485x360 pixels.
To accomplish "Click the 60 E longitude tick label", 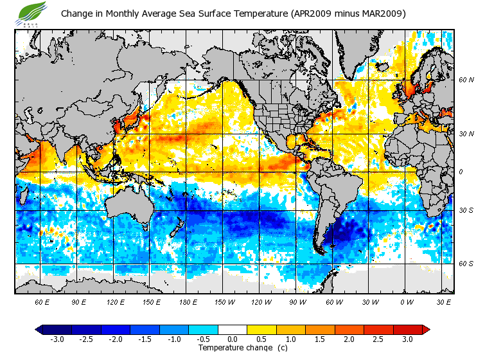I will tap(42, 301).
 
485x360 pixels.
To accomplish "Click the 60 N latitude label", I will tap(466, 80).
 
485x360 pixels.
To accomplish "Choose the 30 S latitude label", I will tap(466, 210).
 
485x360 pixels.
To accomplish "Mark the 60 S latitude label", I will tap(466, 263).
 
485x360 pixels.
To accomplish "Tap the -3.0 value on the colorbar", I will tap(57, 339).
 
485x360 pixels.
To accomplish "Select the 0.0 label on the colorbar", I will tap(233, 339).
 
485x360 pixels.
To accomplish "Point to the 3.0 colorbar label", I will tap(407, 339).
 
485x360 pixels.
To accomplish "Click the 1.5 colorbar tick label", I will tap(320, 339).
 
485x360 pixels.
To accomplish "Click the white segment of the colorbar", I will tap(233, 330).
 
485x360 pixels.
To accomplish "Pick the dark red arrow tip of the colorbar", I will tap(426, 330).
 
